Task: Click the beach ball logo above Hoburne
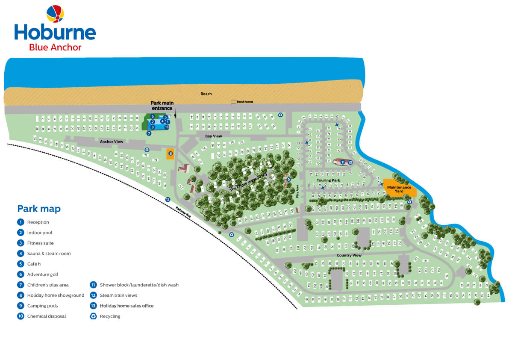[x=55, y=14]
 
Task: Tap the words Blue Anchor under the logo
[x=55, y=47]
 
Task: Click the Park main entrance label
[x=162, y=106]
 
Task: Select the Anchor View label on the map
[x=111, y=141]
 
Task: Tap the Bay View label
[x=213, y=136]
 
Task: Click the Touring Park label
[x=329, y=180]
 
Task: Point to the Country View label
[x=349, y=255]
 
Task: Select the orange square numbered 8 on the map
[x=171, y=153]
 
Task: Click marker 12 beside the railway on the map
[x=168, y=199]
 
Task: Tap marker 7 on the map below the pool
[x=149, y=133]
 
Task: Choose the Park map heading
[x=39, y=209]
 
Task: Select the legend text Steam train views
[x=118, y=295]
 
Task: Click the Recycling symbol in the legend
[x=93, y=316]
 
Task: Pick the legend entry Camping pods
[x=42, y=306]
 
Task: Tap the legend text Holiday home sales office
[x=127, y=306]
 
